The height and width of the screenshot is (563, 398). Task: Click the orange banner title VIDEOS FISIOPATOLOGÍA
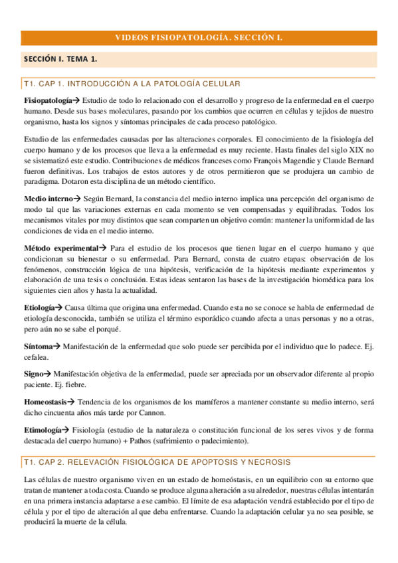tap(199, 38)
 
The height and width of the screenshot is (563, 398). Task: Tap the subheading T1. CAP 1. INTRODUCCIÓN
tap(132, 84)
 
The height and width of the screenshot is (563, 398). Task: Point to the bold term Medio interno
tap(48, 199)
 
